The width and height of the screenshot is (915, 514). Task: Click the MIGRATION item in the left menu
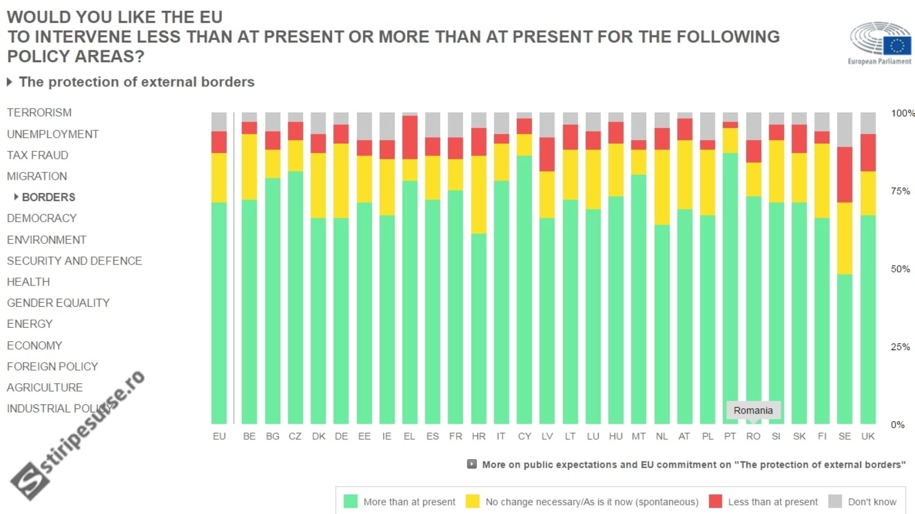point(37,176)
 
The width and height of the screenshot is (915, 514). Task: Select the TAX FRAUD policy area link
point(37,155)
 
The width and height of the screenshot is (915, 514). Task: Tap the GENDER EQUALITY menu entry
point(58,303)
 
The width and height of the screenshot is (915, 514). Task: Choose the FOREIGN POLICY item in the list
point(52,366)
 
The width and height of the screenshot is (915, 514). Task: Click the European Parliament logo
point(880,43)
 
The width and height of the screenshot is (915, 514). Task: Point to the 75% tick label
point(900,191)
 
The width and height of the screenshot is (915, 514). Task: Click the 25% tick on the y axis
point(900,347)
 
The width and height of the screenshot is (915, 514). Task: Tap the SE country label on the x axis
point(845,436)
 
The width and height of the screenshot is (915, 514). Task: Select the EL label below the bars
point(409,436)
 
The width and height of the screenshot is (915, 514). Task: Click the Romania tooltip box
point(753,410)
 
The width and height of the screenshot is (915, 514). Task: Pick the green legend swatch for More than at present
point(351,501)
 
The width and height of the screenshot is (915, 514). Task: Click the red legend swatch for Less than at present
point(715,501)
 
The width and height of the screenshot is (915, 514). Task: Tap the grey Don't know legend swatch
point(835,501)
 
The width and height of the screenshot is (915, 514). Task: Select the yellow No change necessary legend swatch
point(472,501)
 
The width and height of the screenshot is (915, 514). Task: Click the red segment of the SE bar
point(845,174)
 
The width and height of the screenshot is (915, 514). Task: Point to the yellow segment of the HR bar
point(479,194)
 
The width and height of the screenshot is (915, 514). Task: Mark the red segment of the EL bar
point(409,137)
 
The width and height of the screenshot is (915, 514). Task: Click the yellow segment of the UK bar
point(868,193)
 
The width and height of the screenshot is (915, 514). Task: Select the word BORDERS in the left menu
point(49,197)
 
